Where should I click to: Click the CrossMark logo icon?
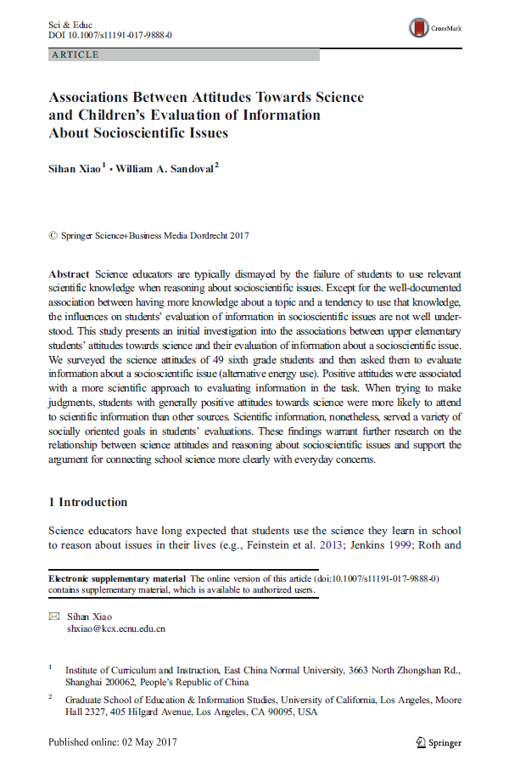pos(417,28)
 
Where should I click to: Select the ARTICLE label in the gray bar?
pos(76,54)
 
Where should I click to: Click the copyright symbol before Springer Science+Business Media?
pos(53,235)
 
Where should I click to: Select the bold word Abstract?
pos(69,274)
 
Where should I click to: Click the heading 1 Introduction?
pos(88,502)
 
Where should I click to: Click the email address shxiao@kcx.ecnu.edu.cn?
pos(115,629)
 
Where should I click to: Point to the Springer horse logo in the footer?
pos(420,741)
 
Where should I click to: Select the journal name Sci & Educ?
pos(70,24)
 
